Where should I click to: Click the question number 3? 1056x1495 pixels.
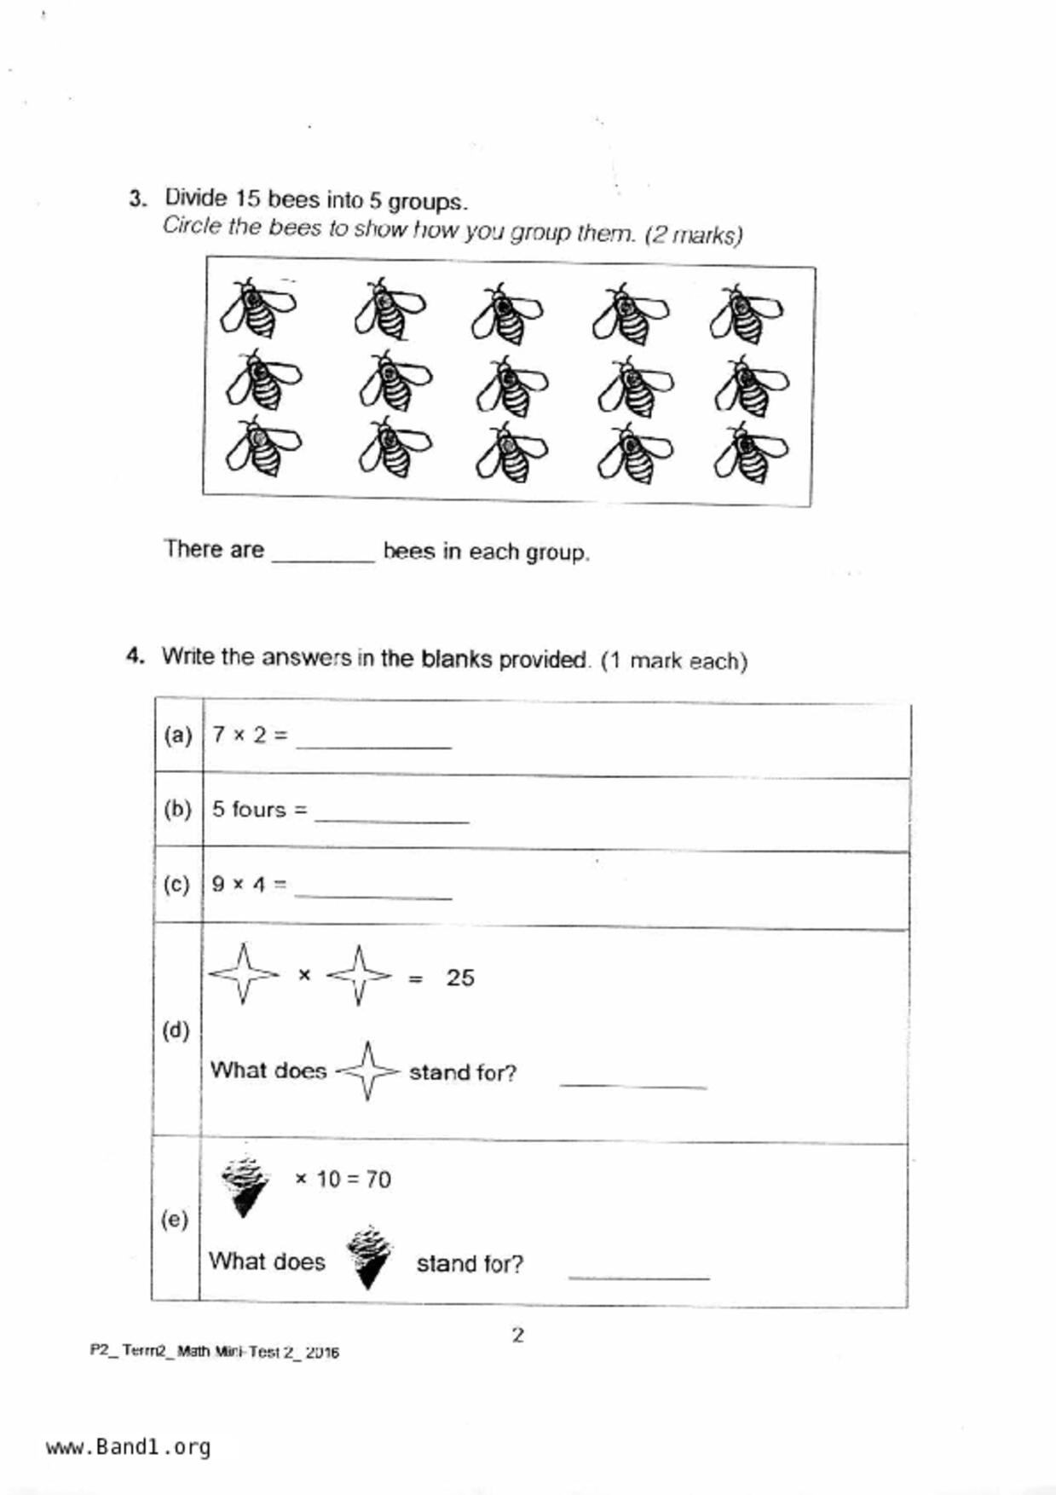(x=136, y=199)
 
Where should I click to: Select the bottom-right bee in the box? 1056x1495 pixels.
(x=751, y=452)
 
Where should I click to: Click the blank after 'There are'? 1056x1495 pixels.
(x=323, y=552)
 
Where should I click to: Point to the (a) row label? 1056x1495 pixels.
(x=178, y=735)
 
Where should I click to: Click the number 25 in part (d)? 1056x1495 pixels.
(x=460, y=978)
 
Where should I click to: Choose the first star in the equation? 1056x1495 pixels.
(x=244, y=973)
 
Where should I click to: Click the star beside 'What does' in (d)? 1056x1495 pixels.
(x=367, y=1071)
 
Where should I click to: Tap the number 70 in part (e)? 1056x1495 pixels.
(x=378, y=1180)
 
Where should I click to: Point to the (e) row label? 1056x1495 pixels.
(x=175, y=1220)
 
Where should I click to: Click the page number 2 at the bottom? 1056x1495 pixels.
(x=517, y=1335)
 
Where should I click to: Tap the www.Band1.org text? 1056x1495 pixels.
(x=128, y=1447)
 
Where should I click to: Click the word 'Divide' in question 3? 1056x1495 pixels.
(x=196, y=199)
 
